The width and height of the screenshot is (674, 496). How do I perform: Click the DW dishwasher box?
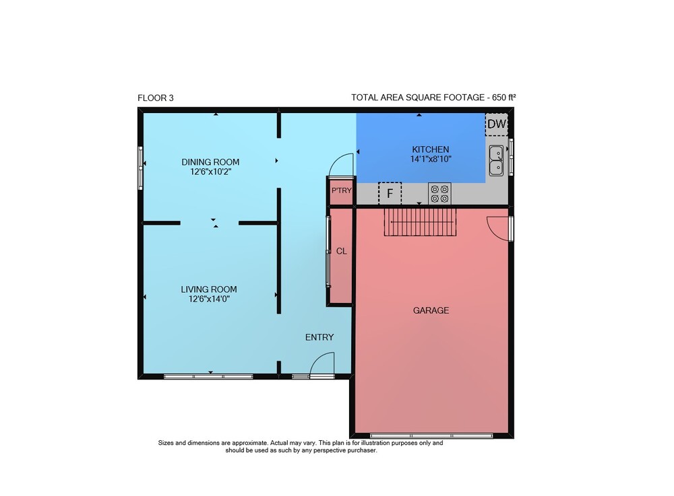click(497, 125)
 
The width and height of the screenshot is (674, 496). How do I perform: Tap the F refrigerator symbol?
click(390, 194)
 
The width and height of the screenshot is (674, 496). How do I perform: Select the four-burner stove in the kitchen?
click(439, 194)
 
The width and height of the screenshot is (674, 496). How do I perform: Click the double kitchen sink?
click(496, 160)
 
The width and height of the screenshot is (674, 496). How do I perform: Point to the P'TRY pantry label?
click(341, 190)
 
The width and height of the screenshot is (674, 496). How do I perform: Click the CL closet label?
click(341, 251)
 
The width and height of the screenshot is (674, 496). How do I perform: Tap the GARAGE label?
click(431, 310)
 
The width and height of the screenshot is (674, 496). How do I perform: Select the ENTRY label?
click(319, 337)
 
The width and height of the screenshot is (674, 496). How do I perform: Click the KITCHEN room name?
click(430, 149)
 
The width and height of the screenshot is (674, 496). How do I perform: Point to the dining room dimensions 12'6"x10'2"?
click(210, 172)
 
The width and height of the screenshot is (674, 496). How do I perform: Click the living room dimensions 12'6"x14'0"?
click(209, 299)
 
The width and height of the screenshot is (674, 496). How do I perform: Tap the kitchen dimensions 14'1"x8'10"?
click(431, 160)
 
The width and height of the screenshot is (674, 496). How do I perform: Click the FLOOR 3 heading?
click(156, 98)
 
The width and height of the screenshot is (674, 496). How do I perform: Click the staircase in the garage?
click(420, 222)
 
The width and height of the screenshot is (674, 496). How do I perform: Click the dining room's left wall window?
click(140, 168)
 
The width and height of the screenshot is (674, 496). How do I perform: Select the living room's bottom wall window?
click(208, 377)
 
